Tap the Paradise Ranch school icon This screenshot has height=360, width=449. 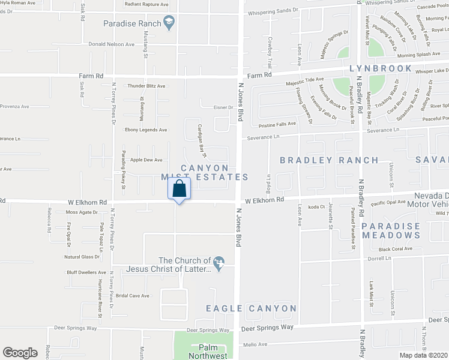(170, 23)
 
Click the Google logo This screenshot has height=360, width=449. (20, 352)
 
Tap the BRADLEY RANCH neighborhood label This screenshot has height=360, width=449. (330, 160)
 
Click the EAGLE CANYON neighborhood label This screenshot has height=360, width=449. (251, 308)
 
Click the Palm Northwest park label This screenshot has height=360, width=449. (205, 352)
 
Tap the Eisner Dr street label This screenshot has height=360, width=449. (222, 107)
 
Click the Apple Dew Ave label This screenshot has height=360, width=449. (146, 160)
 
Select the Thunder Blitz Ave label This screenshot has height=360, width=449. (146, 86)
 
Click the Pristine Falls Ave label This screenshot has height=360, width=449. (274, 123)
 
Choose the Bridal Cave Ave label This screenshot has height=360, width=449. (132, 296)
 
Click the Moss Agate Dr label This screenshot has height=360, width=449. (81, 212)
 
